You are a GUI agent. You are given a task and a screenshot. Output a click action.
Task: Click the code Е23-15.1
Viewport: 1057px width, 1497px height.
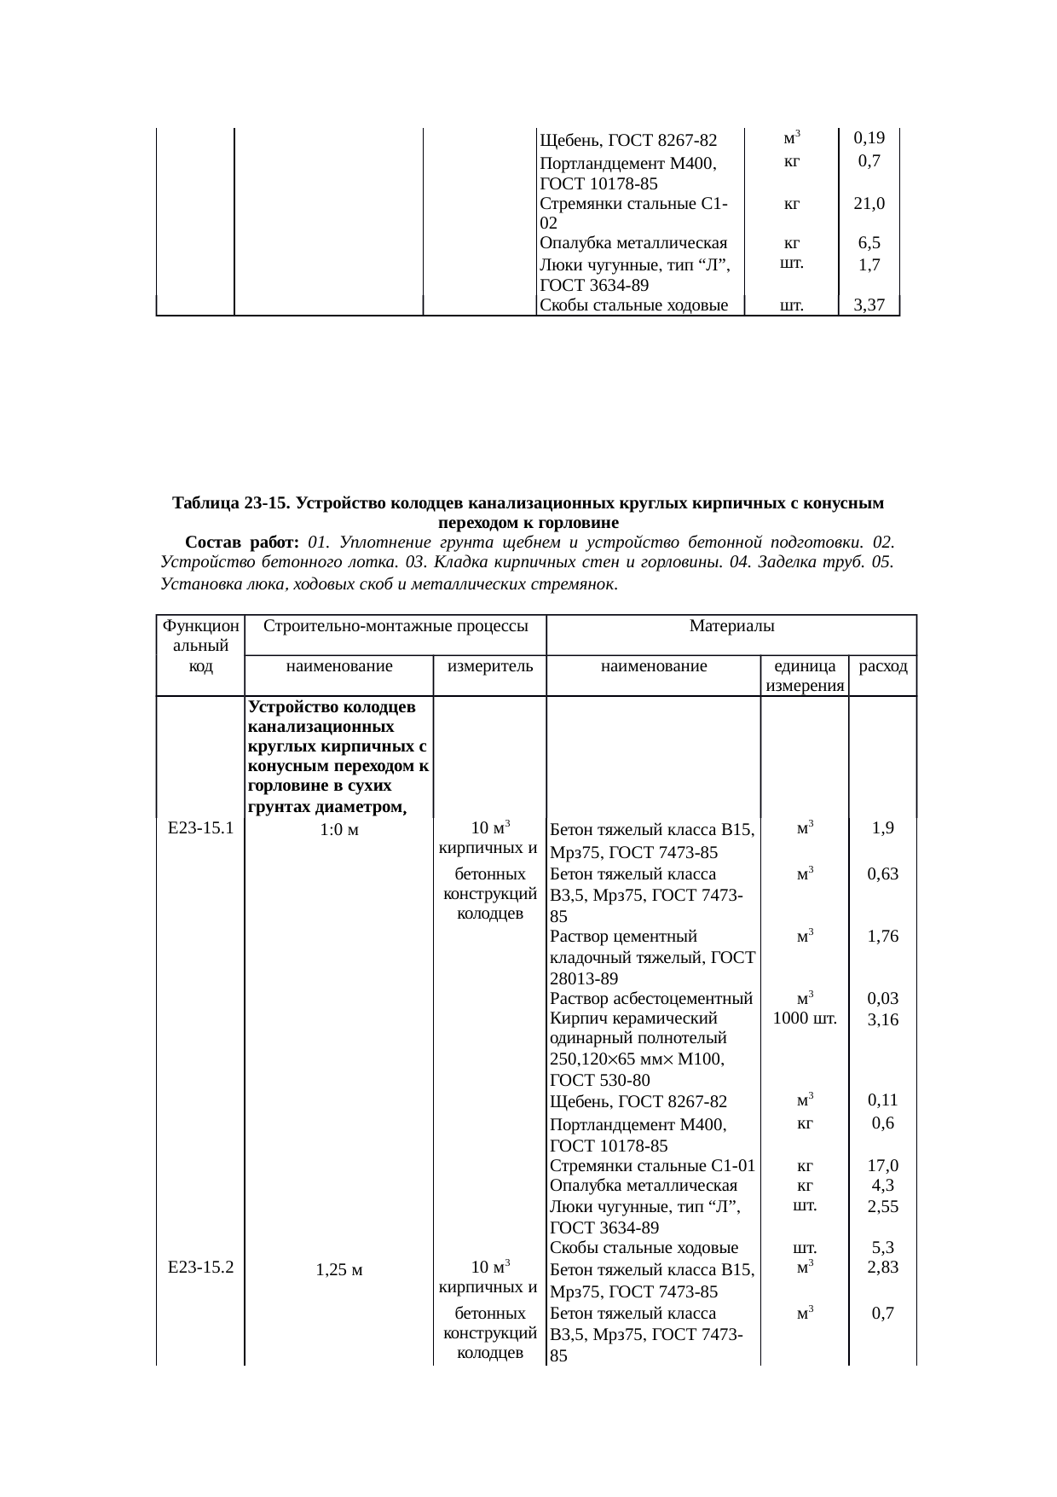click(x=200, y=827)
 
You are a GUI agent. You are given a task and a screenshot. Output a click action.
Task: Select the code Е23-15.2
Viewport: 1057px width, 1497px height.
click(x=200, y=1268)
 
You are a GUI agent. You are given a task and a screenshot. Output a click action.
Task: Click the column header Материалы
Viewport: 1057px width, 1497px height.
click(x=731, y=627)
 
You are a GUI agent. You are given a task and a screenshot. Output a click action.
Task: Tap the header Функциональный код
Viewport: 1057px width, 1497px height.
click(x=200, y=647)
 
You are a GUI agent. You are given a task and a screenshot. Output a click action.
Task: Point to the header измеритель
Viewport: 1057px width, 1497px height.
click(x=490, y=666)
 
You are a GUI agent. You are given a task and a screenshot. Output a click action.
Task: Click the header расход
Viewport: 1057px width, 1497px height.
click(x=883, y=666)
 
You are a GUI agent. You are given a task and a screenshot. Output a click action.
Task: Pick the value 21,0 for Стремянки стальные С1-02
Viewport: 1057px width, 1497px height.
click(x=869, y=204)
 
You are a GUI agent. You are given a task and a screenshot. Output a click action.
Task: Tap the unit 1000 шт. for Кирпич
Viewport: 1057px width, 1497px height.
click(x=804, y=1018)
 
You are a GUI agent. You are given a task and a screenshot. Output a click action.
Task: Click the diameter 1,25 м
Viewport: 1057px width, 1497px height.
click(x=338, y=1270)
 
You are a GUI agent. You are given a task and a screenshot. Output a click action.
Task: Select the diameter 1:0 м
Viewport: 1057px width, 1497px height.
click(x=338, y=829)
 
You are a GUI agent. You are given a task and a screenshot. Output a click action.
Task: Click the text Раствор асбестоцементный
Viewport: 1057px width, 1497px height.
click(x=651, y=998)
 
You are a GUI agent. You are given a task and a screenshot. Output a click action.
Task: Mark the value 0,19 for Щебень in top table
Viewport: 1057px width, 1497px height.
click(x=869, y=137)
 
